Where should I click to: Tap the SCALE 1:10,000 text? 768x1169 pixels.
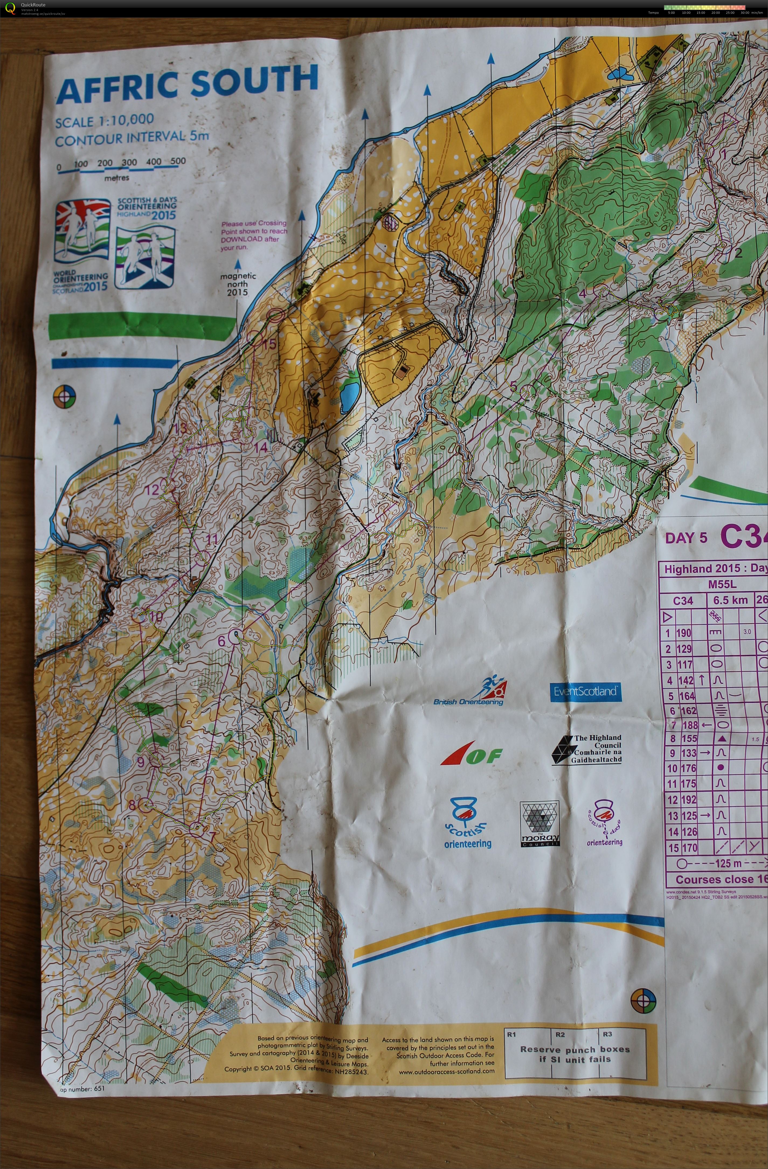click(104, 121)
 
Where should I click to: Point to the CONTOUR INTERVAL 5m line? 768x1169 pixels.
click(132, 138)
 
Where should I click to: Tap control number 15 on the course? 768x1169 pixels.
click(269, 344)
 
